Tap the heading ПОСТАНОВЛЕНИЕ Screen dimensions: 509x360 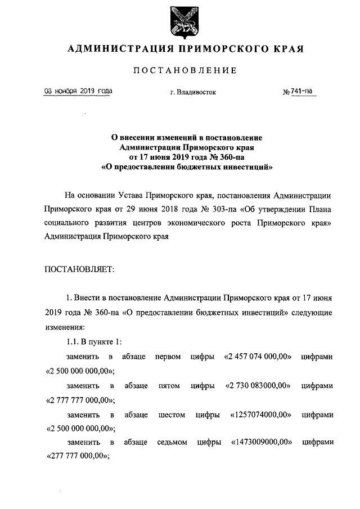tap(185, 70)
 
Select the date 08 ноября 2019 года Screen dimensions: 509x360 tap(78, 91)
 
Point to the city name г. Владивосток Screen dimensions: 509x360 tap(193, 92)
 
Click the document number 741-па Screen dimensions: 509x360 tap(301, 91)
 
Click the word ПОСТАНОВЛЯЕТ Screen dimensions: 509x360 tap(79, 269)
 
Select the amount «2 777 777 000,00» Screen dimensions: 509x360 tap(79, 400)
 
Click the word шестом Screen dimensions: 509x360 tap(172, 415)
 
